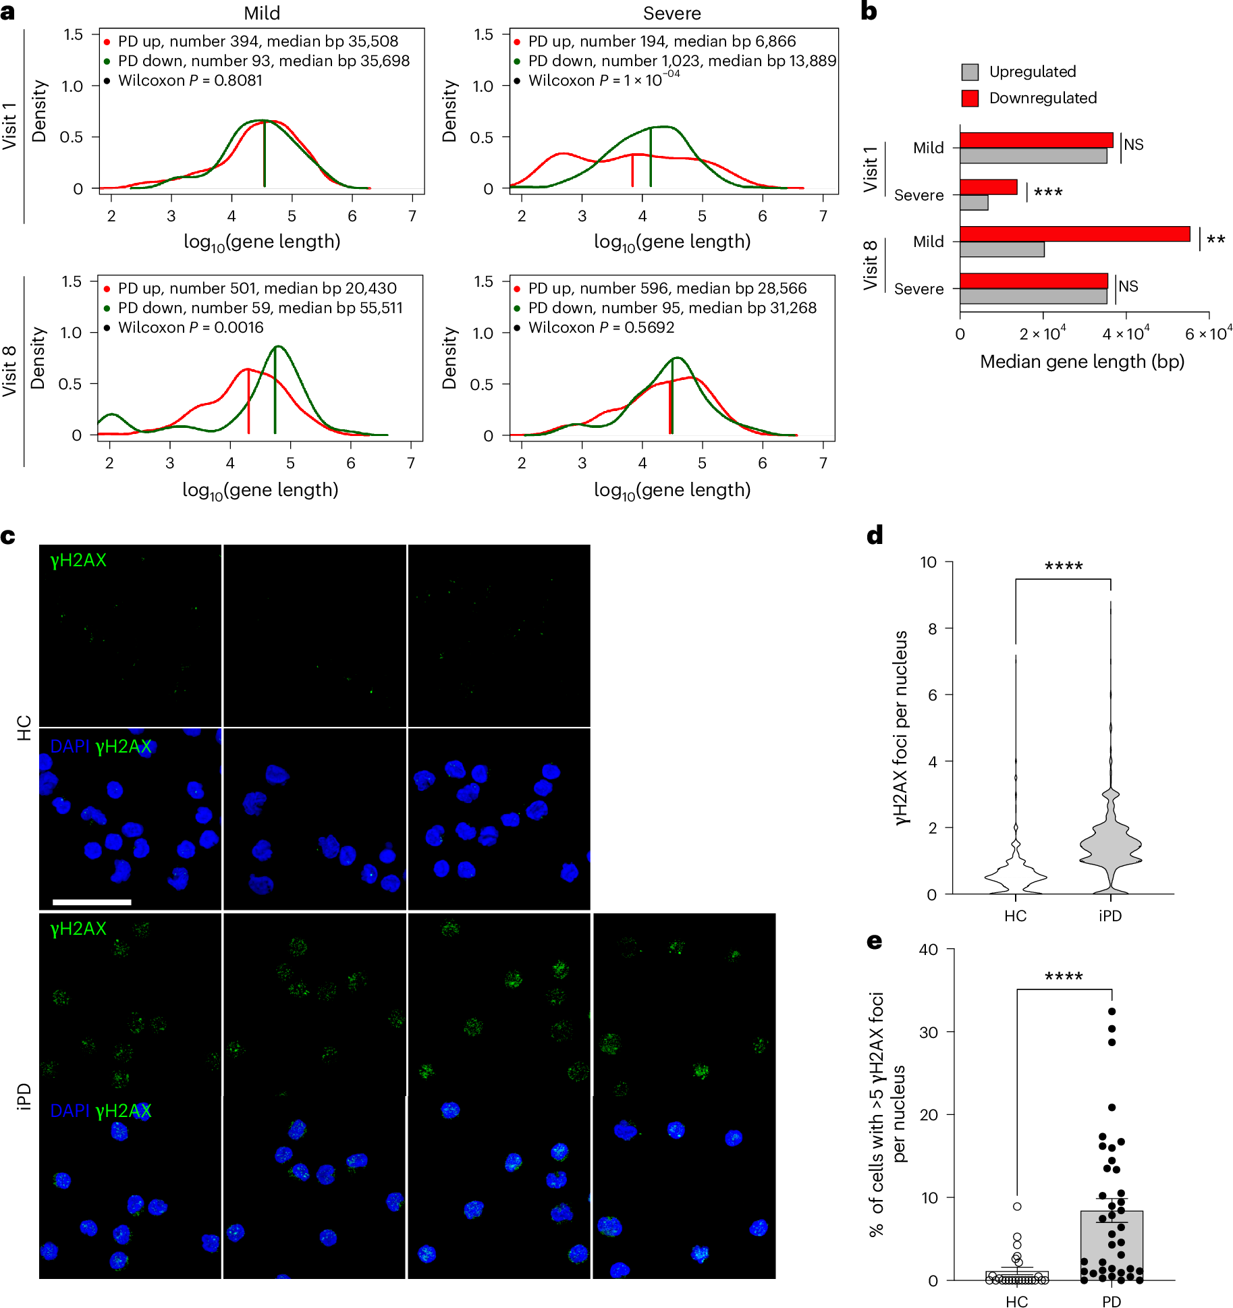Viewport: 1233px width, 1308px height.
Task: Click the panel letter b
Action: (869, 11)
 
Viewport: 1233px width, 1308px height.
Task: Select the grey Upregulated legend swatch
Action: (970, 72)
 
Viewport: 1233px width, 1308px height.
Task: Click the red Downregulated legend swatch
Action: (970, 99)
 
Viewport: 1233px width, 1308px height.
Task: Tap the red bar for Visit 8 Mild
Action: (1074, 234)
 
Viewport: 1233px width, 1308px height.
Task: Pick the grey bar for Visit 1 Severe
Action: (974, 202)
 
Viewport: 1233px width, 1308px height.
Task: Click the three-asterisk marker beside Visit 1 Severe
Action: (1048, 193)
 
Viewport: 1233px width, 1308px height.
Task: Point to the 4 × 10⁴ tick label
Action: (1126, 333)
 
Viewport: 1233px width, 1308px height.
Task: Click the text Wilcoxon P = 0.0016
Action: (190, 327)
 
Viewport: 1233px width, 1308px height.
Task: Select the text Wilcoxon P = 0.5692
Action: (601, 327)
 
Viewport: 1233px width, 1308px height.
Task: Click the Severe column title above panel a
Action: (672, 13)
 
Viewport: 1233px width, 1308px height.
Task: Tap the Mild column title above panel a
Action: (262, 13)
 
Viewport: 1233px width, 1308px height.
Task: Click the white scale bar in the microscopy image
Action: (92, 902)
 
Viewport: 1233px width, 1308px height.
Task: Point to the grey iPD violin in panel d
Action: (1110, 844)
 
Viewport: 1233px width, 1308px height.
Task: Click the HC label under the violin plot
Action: (1015, 916)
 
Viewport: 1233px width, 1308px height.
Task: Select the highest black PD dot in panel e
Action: (1112, 1012)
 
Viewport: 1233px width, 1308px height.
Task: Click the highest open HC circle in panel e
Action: (1017, 1206)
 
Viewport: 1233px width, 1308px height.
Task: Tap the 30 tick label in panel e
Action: (929, 1032)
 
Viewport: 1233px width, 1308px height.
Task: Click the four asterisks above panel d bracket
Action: (1063, 567)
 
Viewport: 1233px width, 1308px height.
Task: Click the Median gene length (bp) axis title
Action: (1082, 362)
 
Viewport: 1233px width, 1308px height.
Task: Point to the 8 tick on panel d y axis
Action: (933, 629)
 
